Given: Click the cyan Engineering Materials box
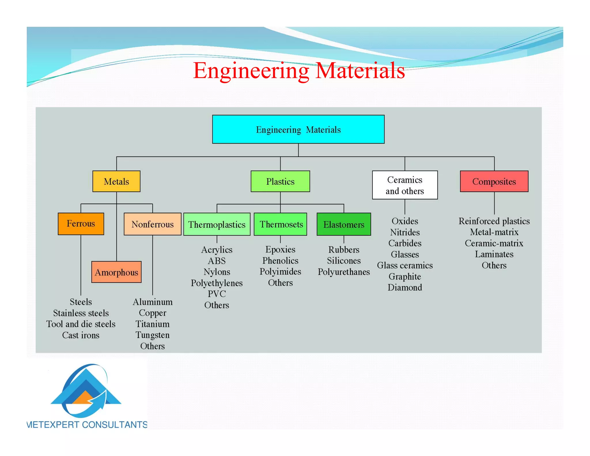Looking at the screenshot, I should tap(298, 129).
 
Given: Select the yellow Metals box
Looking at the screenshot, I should tap(116, 181).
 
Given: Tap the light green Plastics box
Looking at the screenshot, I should tap(280, 181).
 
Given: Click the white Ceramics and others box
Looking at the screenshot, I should tap(405, 185).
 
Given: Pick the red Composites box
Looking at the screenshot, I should tap(494, 181).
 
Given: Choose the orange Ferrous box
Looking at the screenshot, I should tap(81, 224).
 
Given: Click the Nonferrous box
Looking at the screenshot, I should tap(152, 224).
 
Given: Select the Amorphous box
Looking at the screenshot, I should tap(116, 272).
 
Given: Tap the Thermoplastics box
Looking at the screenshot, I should tap(217, 224).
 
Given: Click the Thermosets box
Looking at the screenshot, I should tap(280, 224).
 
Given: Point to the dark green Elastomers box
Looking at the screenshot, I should tap(344, 224).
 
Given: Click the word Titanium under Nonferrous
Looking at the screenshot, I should tap(152, 324).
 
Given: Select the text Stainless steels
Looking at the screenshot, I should tap(81, 313).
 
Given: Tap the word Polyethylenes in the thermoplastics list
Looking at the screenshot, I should tap(217, 283).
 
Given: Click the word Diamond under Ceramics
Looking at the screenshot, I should tap(405, 287).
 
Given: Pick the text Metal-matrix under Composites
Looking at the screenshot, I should tap(494, 232).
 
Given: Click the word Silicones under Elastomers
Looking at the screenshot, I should tap(344, 261).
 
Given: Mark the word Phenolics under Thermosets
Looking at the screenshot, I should tap(280, 261).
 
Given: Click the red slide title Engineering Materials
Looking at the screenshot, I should tap(299, 70).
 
